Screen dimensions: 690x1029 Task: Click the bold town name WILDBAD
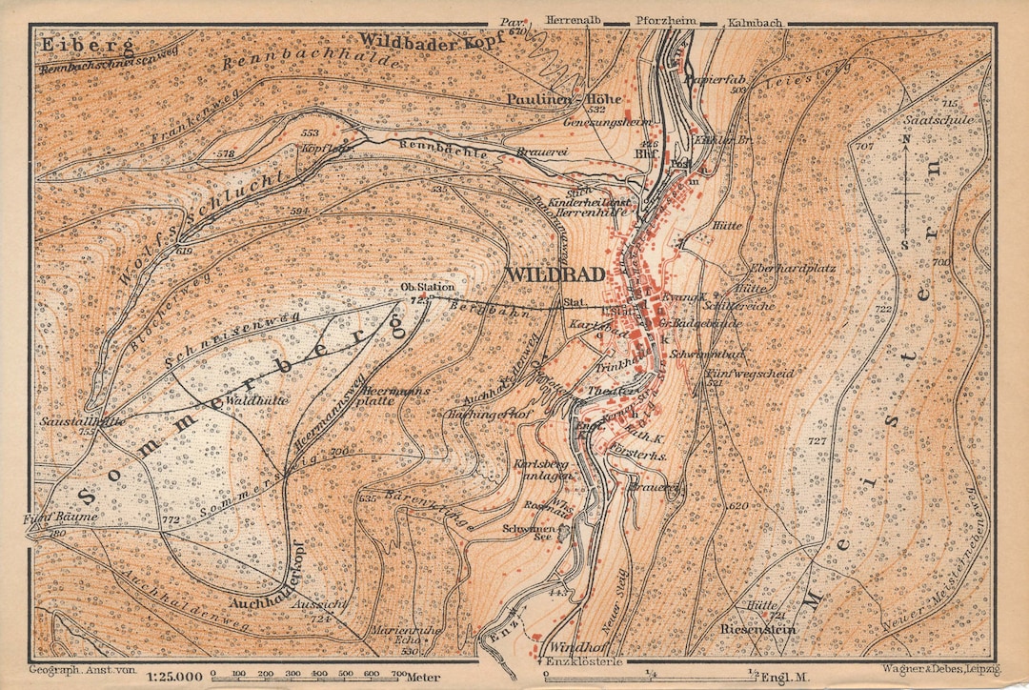[x=557, y=274]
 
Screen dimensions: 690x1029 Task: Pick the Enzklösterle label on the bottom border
[x=583, y=661]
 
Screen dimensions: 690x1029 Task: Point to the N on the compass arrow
[x=906, y=137]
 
